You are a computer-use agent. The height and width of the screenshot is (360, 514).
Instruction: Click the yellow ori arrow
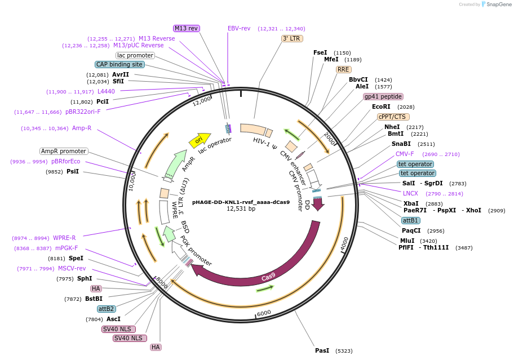pos(200,140)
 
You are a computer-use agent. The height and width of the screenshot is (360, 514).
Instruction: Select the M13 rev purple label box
pos(186,29)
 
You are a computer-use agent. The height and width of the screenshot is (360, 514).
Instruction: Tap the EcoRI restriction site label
pos(381,107)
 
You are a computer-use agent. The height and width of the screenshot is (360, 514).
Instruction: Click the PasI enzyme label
pos(322,350)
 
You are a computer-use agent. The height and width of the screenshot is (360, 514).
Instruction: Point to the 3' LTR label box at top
pos(292,38)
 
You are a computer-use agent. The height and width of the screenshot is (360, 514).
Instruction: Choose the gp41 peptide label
pos(383,97)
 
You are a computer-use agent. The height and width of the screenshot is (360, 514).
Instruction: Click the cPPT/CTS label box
pos(393,117)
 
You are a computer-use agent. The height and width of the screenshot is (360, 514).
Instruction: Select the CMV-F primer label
pos(405,154)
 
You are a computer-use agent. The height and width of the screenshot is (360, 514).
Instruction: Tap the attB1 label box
pos(410,220)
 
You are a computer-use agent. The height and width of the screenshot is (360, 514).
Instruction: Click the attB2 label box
pos(106,309)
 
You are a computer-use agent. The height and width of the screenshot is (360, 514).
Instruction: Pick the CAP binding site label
pos(119,65)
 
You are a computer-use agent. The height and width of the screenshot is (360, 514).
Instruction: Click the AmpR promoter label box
pos(64,152)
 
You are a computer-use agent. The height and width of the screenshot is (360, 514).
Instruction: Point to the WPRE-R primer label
pos(64,238)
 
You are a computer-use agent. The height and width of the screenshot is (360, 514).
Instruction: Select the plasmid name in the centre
pos(241,202)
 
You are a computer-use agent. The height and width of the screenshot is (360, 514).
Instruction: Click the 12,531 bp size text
pos(241,208)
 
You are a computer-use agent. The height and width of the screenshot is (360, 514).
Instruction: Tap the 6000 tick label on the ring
pos(264,313)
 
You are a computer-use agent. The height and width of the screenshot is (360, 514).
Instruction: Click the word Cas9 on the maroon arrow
pos(268,277)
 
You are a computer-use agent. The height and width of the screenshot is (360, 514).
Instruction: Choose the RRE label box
pos(344,69)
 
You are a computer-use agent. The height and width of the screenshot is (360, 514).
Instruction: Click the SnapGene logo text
pos(499,5)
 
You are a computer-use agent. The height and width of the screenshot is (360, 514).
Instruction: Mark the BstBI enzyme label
pos(94,299)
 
